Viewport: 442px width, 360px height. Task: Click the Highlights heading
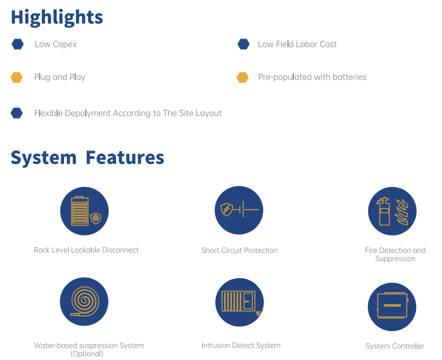[x=57, y=17]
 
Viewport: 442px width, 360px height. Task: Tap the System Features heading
[x=87, y=158]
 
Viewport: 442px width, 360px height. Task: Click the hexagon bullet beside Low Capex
[x=17, y=44]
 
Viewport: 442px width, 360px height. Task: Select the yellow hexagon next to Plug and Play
[x=16, y=77]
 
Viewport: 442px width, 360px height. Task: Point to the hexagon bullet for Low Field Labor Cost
[x=243, y=44]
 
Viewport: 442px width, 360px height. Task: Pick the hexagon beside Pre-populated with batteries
[x=242, y=77]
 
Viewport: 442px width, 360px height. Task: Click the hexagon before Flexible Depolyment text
[x=16, y=113]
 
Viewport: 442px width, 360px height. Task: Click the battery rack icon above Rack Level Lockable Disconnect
[x=80, y=211]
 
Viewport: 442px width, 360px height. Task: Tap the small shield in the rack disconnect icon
[x=96, y=218]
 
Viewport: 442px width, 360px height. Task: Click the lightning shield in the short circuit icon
[x=227, y=210]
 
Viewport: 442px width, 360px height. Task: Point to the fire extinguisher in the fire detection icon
[x=384, y=211]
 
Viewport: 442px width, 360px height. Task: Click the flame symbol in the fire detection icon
[x=401, y=212]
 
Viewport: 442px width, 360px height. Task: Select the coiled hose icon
[x=85, y=302]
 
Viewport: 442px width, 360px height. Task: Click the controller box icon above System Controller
[x=392, y=305]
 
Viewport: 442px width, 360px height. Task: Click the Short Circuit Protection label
[x=240, y=250]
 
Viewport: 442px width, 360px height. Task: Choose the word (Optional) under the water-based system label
[x=87, y=354]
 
